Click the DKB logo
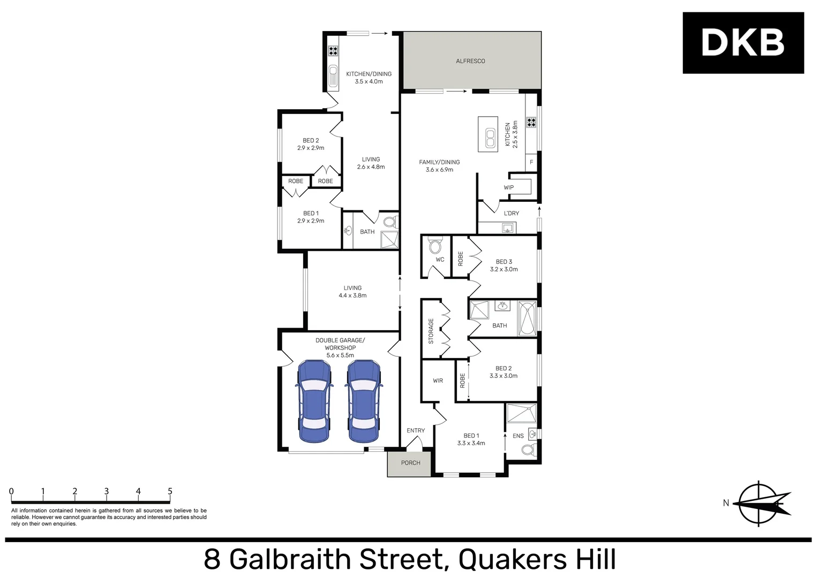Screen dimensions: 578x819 742,43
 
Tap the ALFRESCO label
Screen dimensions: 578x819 470,61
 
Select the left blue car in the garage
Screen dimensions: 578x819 314,401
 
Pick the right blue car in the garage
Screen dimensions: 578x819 363,401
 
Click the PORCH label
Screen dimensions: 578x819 410,463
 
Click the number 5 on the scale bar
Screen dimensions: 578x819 170,491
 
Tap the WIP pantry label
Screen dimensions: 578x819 508,187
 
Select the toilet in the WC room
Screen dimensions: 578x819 435,246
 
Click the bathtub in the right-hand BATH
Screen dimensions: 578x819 527,318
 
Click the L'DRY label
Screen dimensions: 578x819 511,213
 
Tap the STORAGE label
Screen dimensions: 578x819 431,331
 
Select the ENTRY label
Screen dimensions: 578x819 416,430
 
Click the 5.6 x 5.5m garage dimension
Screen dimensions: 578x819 340,355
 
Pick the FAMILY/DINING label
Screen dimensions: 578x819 439,162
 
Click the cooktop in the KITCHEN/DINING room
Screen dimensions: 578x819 333,51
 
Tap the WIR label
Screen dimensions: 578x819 438,381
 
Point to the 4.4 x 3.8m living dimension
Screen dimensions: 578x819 352,295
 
